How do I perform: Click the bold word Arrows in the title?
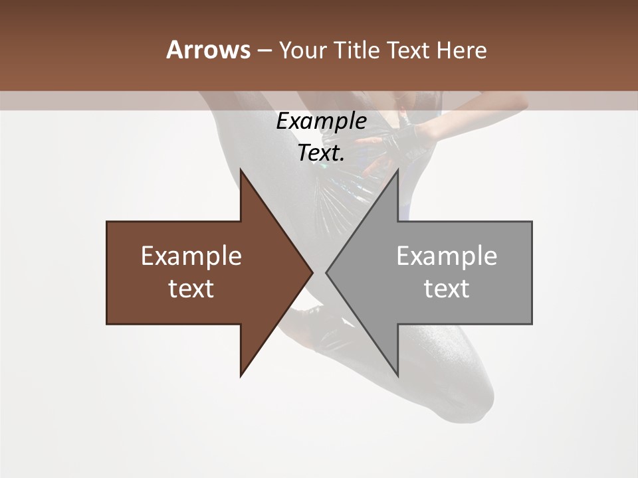click(207, 50)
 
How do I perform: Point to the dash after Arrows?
click(264, 51)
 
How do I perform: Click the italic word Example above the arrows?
click(321, 121)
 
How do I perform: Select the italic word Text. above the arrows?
click(321, 153)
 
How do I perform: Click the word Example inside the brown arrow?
click(191, 256)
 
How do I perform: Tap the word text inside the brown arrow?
click(191, 289)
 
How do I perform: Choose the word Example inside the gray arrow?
click(447, 256)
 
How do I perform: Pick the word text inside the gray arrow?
click(447, 289)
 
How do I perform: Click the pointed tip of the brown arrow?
click(312, 272)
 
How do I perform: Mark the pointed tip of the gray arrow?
click(326, 272)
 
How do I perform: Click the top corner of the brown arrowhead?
click(241, 170)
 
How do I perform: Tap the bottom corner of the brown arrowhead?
click(241, 376)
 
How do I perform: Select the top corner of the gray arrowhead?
click(397, 170)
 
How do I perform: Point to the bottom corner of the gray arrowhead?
click(397, 376)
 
